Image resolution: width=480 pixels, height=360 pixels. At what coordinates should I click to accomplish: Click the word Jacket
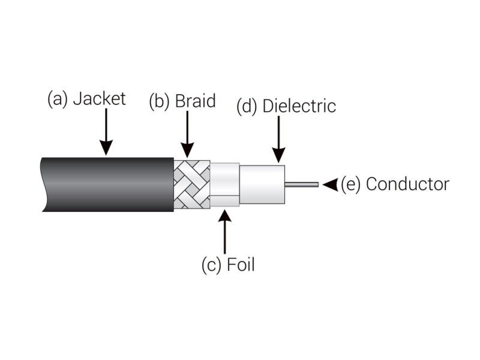pyautogui.click(x=100, y=99)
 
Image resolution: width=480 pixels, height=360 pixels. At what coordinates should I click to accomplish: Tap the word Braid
pyautogui.click(x=196, y=101)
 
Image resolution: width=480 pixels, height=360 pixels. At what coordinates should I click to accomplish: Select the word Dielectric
pyautogui.click(x=299, y=106)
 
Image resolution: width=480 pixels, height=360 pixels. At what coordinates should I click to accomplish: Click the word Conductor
pyautogui.click(x=407, y=184)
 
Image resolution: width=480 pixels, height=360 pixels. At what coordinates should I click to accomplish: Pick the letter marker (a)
pyautogui.click(x=57, y=99)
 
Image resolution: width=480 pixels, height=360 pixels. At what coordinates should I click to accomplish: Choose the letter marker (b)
pyautogui.click(x=159, y=101)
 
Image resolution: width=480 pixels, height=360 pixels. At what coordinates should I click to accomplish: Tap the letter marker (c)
pyautogui.click(x=211, y=265)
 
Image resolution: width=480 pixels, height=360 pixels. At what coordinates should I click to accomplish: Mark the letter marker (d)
pyautogui.click(x=247, y=107)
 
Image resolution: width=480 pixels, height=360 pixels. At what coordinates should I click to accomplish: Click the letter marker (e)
pyautogui.click(x=350, y=185)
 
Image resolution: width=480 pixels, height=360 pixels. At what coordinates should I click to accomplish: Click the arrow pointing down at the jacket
pyautogui.click(x=106, y=132)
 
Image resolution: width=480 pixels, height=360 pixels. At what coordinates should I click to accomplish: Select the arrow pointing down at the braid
pyautogui.click(x=187, y=134)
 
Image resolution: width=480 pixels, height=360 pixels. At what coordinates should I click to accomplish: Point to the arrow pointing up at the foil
pyautogui.click(x=226, y=232)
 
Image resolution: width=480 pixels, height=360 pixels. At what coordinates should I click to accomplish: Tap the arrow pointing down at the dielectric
pyautogui.click(x=278, y=140)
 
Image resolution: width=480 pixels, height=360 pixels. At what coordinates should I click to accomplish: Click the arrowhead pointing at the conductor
pyautogui.click(x=330, y=185)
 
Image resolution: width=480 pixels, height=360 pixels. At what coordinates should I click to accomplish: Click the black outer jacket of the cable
pyautogui.click(x=108, y=184)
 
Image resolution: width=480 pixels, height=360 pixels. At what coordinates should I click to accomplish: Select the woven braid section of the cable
pyautogui.click(x=192, y=184)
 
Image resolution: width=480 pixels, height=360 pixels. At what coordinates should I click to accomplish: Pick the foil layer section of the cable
pyautogui.click(x=225, y=185)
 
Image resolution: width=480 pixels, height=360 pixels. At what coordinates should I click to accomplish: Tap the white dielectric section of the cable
pyautogui.click(x=262, y=185)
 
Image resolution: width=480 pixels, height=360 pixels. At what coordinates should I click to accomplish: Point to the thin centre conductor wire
pyautogui.click(x=302, y=185)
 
